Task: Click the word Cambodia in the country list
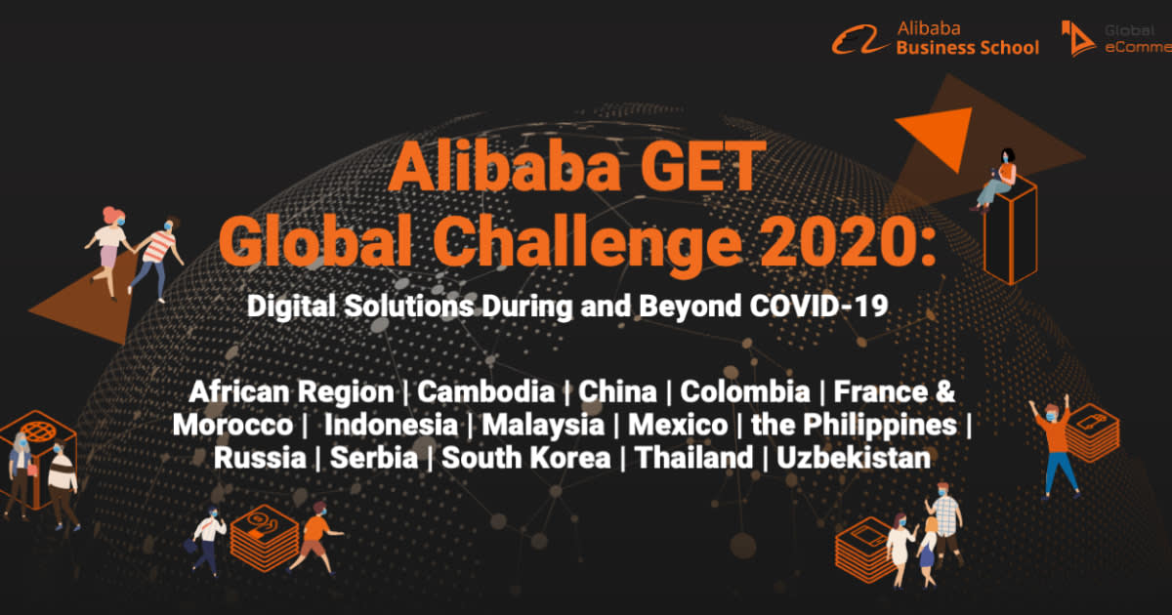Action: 485,392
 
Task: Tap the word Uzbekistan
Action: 854,457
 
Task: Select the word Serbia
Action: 374,457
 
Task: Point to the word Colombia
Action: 744,392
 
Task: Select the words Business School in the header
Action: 967,48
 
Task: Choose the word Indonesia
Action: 391,425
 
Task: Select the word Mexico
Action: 677,425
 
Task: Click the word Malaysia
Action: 542,425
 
